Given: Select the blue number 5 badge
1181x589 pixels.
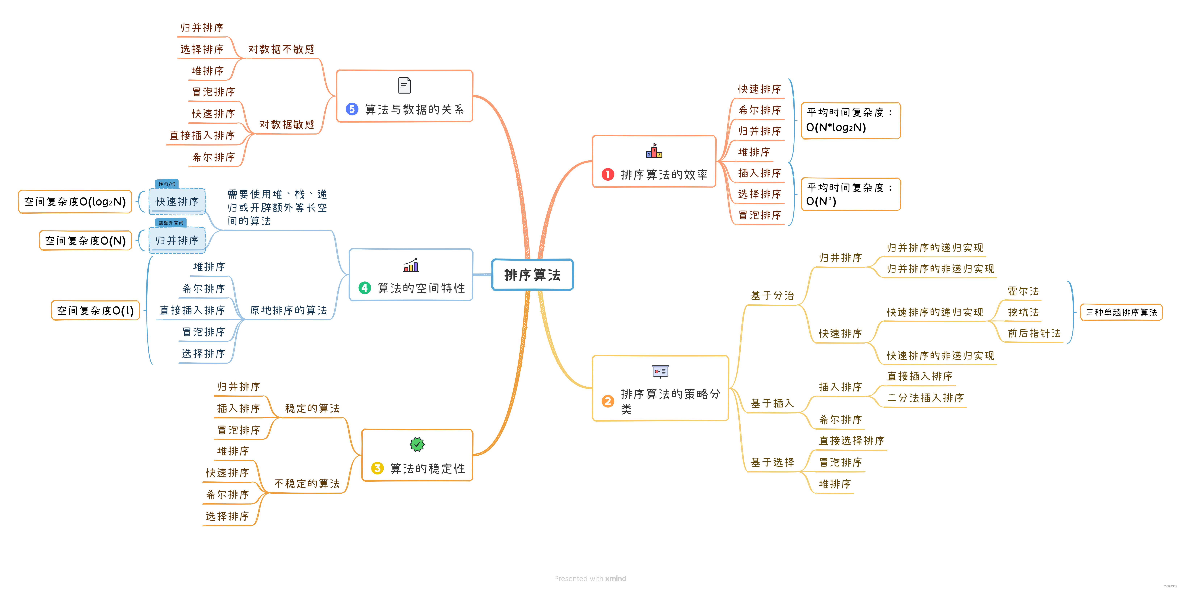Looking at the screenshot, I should [x=352, y=109].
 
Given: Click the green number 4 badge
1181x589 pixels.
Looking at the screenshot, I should [x=364, y=288].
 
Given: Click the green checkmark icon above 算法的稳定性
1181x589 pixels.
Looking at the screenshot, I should [x=417, y=444].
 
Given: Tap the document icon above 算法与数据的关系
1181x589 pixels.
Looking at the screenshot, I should [x=404, y=85].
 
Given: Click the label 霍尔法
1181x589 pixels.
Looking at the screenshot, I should [x=1023, y=291].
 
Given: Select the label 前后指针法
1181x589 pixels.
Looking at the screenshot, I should [x=1034, y=333].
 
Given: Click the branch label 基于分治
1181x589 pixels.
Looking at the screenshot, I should [x=772, y=296].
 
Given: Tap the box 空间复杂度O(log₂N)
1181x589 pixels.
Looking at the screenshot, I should [x=75, y=202].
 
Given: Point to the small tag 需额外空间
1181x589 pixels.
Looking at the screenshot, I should [x=171, y=223].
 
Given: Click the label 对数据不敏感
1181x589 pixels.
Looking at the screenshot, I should [x=281, y=49].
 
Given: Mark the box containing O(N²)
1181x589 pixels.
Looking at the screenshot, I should [x=850, y=194].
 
